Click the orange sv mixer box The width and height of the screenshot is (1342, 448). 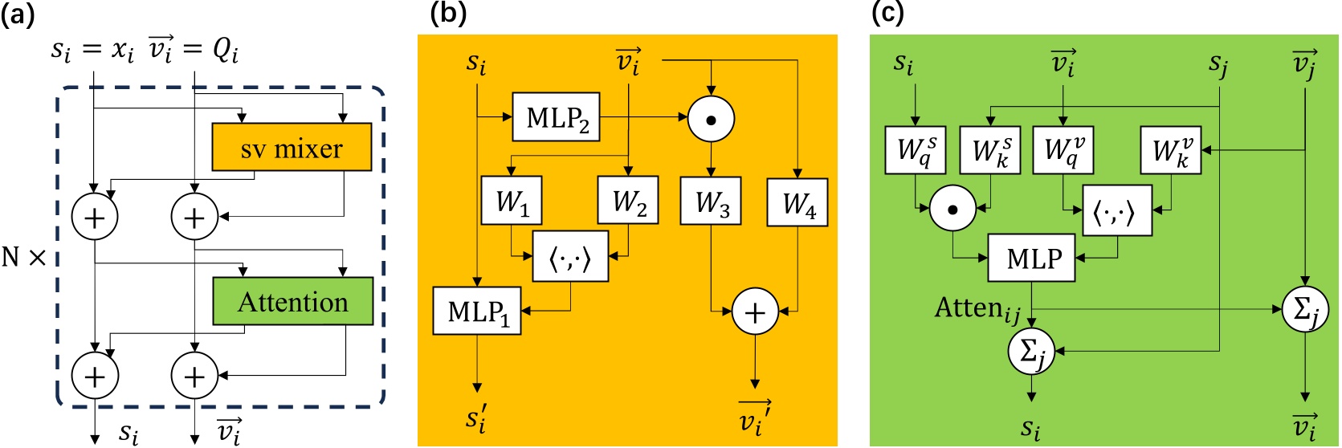tap(292, 147)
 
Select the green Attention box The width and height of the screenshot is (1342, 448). tap(292, 301)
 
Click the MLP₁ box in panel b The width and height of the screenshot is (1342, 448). tap(478, 311)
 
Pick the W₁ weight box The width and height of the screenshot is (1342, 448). tap(512, 201)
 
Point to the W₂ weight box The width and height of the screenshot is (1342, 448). tap(628, 201)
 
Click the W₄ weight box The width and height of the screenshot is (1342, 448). tap(797, 203)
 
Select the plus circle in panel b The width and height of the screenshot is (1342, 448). tap(755, 312)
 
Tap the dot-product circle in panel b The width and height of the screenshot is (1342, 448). tap(711, 119)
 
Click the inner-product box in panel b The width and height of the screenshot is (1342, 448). tap(570, 257)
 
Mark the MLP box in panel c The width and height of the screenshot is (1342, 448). tap(1031, 259)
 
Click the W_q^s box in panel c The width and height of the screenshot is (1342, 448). tap(915, 150)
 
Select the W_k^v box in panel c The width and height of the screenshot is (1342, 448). tap(1171, 150)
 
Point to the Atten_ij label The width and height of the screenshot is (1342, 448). tap(977, 308)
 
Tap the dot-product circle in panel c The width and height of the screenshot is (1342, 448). tap(952, 210)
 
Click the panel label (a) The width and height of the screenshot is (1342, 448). tap(18, 14)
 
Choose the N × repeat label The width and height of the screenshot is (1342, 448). tap(24, 257)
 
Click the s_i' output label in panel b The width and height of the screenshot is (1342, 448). tap(476, 418)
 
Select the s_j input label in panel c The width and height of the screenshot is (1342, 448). tap(1218, 64)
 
